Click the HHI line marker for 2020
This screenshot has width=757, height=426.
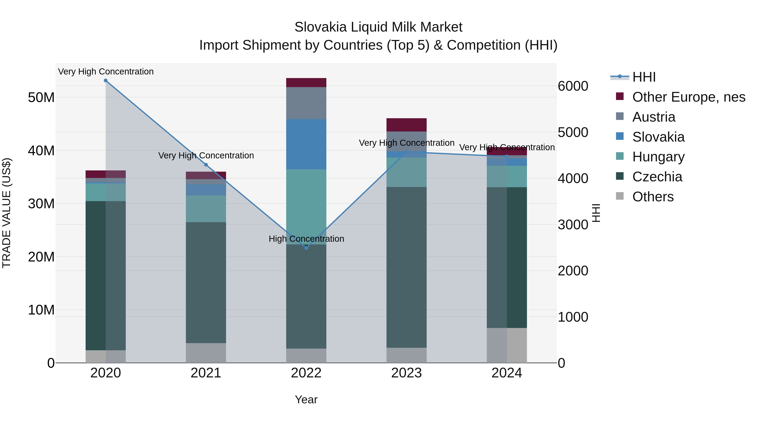click(x=106, y=81)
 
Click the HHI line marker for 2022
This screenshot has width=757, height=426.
click(x=306, y=248)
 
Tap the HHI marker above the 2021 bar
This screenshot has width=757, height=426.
click(x=206, y=165)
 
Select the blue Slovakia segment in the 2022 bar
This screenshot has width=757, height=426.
click(x=306, y=144)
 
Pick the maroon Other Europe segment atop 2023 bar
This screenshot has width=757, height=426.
click(x=406, y=125)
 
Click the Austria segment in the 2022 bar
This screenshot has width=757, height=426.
click(x=306, y=103)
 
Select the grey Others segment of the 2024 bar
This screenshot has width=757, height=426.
click(x=507, y=345)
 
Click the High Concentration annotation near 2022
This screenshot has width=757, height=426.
click(x=306, y=239)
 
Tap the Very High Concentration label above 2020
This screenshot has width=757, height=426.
click(x=106, y=72)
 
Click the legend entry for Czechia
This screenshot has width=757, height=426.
click(x=657, y=177)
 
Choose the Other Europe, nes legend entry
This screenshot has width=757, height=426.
click(x=688, y=97)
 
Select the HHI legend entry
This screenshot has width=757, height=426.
click(x=644, y=77)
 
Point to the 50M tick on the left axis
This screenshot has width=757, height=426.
click(x=41, y=97)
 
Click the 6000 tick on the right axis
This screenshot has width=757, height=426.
click(x=573, y=86)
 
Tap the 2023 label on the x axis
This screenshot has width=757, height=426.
click(x=406, y=373)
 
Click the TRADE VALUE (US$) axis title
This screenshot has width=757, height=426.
click(x=7, y=213)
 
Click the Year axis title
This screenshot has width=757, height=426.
click(x=306, y=399)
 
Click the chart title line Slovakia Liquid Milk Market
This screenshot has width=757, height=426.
click(x=378, y=27)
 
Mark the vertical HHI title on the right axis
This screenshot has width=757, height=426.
click(x=596, y=213)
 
